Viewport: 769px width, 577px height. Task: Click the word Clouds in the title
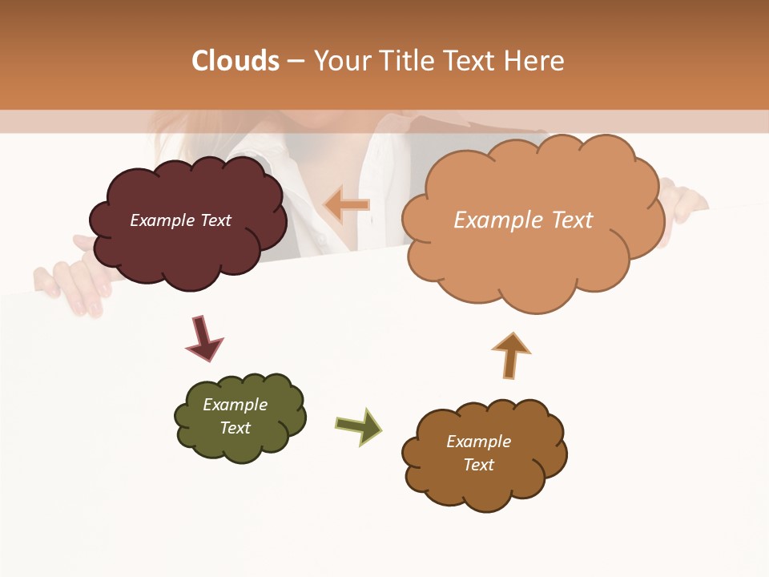tap(236, 61)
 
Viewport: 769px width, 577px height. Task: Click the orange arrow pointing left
tap(347, 205)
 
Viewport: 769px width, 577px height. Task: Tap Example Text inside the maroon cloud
tap(180, 220)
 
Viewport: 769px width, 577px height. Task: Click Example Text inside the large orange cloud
tap(523, 220)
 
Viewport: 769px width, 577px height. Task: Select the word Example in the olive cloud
tap(235, 405)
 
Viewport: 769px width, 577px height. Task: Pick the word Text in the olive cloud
tap(235, 428)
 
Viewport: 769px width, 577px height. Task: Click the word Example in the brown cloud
tap(478, 442)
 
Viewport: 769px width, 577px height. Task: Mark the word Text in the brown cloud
tap(478, 465)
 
